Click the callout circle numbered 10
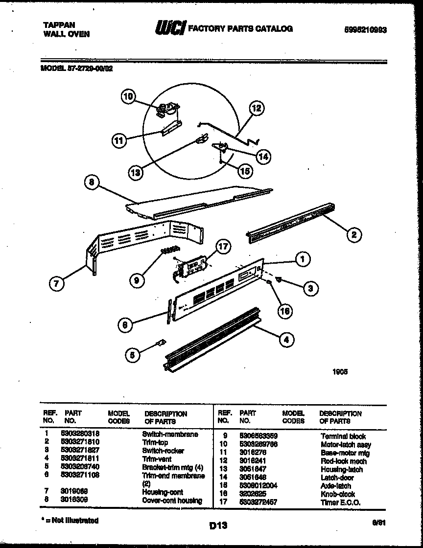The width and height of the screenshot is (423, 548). (x=128, y=97)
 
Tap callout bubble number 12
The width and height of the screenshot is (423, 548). (x=256, y=108)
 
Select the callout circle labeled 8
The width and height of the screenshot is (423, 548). (x=91, y=183)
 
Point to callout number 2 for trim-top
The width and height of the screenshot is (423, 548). (x=353, y=234)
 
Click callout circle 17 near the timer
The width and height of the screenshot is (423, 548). (x=223, y=247)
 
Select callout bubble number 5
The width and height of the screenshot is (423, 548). (x=132, y=356)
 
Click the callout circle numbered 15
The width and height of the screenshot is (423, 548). (x=245, y=171)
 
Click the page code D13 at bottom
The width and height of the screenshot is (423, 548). (x=218, y=526)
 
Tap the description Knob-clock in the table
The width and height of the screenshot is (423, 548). (x=338, y=494)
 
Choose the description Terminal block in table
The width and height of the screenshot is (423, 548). (x=343, y=436)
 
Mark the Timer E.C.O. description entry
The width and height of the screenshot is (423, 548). (x=340, y=502)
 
